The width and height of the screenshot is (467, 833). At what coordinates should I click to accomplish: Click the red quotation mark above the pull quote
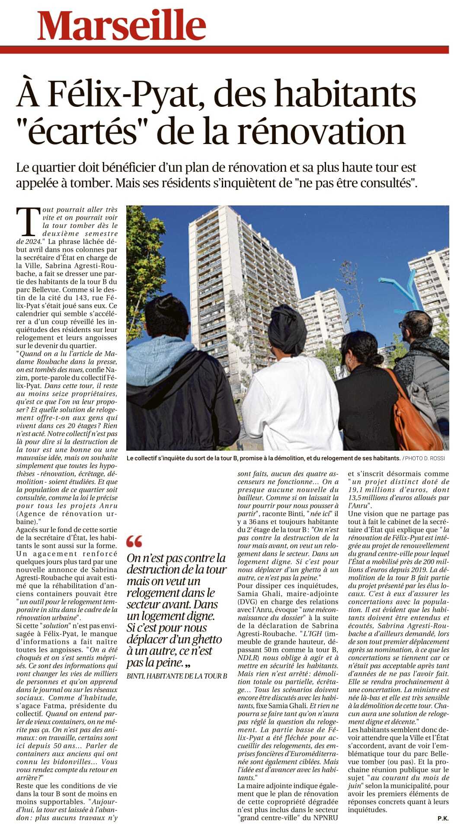(x=134, y=541)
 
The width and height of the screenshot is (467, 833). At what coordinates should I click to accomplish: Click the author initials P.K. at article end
(x=442, y=818)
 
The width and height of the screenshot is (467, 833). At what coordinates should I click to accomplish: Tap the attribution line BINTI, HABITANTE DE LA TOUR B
(x=176, y=676)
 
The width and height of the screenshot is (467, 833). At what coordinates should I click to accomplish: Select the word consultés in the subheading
(x=383, y=183)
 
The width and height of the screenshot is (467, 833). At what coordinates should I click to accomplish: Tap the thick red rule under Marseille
(x=224, y=50)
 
